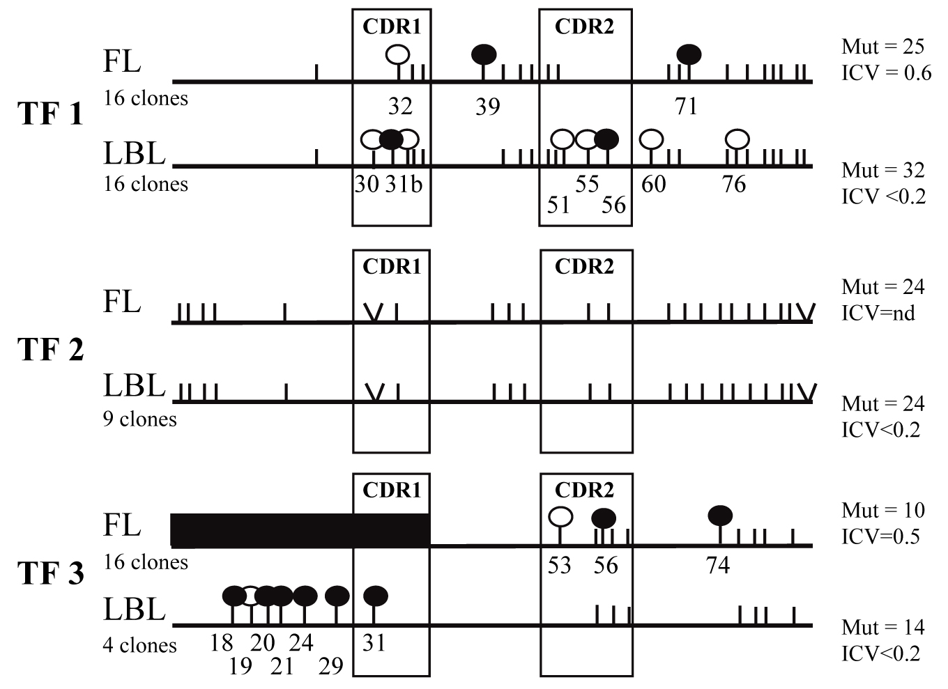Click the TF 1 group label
[x=50, y=113]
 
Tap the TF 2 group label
[x=50, y=349]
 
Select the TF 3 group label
[x=50, y=573]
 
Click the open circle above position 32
[x=398, y=54]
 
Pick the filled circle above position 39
[x=484, y=53]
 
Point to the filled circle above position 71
[x=689, y=54]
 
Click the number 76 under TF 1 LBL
[x=733, y=184]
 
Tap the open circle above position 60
[x=651, y=139]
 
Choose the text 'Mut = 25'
[x=882, y=47]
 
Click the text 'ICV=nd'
[x=878, y=313]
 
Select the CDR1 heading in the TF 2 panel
[x=392, y=266]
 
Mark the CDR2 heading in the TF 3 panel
[x=584, y=490]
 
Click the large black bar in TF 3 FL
[x=300, y=530]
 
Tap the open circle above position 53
[x=560, y=517]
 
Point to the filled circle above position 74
[x=720, y=516]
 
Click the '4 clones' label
[x=139, y=645]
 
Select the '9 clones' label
[x=139, y=419]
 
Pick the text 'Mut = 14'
[x=882, y=628]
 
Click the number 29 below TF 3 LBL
[x=331, y=667]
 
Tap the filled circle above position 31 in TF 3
[x=376, y=596]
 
